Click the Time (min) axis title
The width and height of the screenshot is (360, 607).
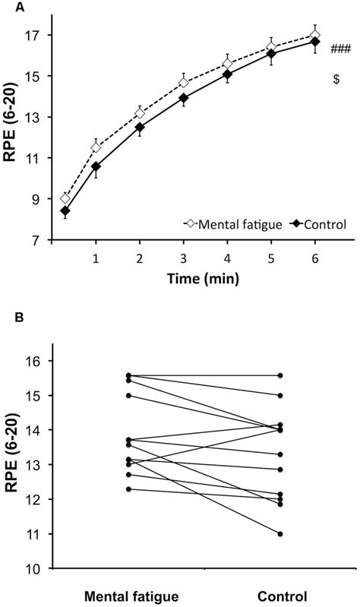tap(204, 278)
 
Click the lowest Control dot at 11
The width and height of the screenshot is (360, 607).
tap(280, 534)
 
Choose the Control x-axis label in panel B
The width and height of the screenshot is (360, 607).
tap(280, 594)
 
